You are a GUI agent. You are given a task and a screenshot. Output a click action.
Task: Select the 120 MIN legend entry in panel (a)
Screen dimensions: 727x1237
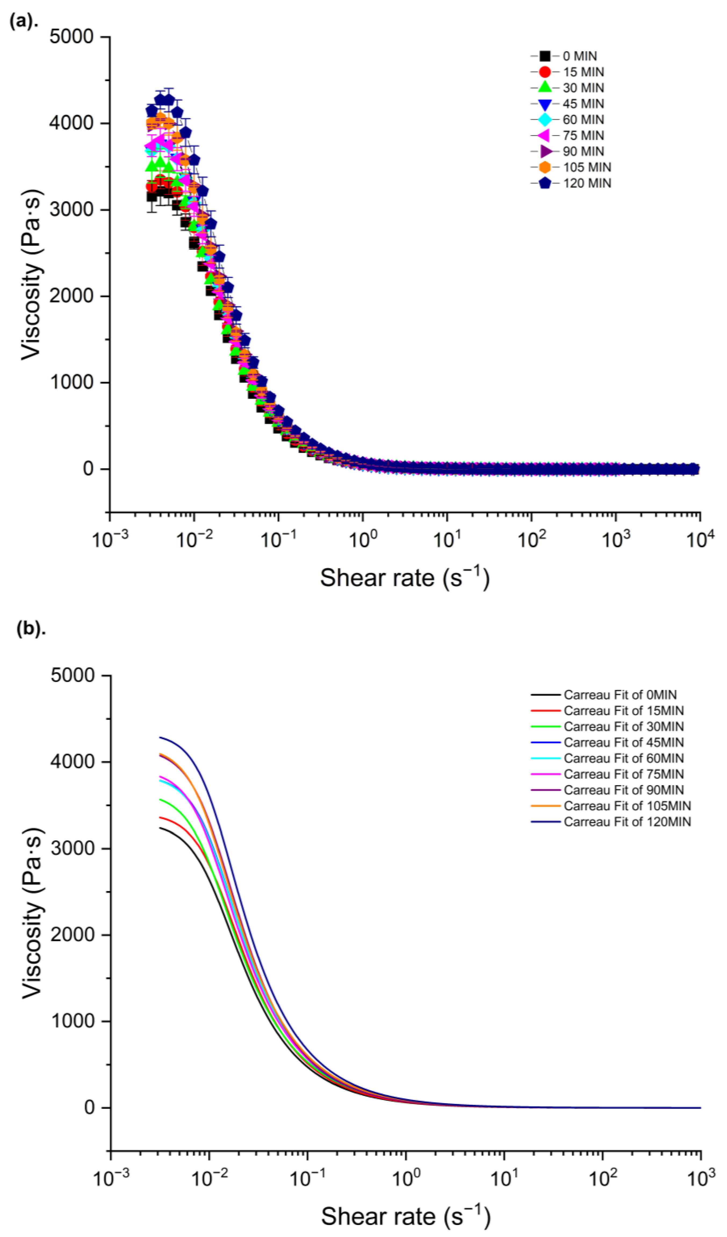571,183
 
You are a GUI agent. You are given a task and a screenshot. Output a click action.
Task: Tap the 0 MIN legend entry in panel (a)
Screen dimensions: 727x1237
564,56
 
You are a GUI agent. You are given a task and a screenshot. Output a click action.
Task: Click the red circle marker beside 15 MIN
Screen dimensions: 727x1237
544,72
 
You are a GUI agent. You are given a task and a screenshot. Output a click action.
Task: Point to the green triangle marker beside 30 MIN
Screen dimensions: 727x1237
544,87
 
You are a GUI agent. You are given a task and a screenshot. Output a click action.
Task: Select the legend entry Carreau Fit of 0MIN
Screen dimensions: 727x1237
604,695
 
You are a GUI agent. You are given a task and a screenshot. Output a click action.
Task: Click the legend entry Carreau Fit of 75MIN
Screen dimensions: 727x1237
607,774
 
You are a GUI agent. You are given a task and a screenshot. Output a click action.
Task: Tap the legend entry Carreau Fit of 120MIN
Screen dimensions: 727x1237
611,822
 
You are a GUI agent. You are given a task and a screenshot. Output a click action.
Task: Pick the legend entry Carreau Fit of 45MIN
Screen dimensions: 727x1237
607,742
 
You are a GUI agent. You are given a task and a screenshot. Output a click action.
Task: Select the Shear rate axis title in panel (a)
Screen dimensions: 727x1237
405,577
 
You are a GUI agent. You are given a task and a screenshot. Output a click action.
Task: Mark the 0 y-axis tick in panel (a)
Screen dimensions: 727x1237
88,469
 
